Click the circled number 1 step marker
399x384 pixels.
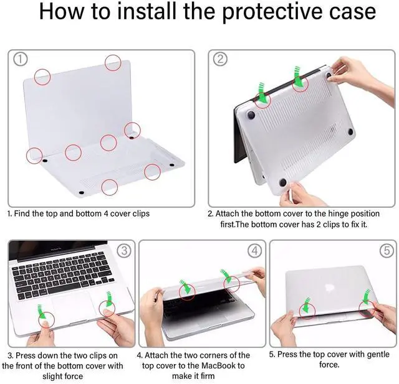[x=20, y=60]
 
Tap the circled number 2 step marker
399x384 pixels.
[x=220, y=59]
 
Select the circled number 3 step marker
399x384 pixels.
[x=124, y=251]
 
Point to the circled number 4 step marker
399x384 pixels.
[x=255, y=251]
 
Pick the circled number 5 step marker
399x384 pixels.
[x=387, y=251]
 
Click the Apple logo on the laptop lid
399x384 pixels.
[x=330, y=288]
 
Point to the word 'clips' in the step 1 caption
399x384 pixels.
[x=142, y=214]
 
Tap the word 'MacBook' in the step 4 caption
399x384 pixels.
[x=219, y=365]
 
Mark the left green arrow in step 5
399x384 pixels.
[x=306, y=305]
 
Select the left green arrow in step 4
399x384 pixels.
[x=185, y=286]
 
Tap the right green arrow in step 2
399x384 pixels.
[x=299, y=75]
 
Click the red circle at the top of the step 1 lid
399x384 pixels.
[x=113, y=62]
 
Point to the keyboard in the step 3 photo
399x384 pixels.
[x=62, y=276]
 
